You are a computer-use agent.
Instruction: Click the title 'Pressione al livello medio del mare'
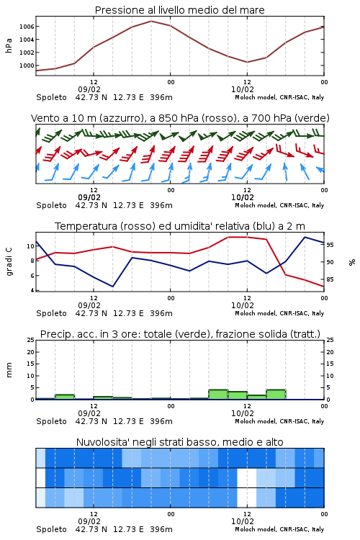pos(179,10)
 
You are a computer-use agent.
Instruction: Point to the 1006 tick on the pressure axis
pos(27,27)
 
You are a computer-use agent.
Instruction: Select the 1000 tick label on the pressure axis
pos(27,66)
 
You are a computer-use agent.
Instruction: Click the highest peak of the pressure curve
pos(151,21)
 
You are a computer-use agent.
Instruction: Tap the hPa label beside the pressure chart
pos(9,45)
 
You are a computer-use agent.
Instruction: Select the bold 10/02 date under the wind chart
pos(243,197)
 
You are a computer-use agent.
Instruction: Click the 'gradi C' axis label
pos(9,261)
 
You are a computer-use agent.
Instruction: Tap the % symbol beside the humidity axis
pos(352,262)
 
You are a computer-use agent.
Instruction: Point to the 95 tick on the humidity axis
pos(330,245)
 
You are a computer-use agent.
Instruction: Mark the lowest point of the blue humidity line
pos(112,287)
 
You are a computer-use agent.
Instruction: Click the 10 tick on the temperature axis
pos(30,246)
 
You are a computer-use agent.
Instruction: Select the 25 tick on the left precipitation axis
pos(30,340)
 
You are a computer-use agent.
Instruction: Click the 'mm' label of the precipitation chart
pos(9,370)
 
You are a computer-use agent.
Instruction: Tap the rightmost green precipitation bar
pos(276,395)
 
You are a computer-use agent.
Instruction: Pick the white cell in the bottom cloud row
pos(247,498)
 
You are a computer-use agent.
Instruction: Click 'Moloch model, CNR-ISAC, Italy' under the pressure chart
pos(279,97)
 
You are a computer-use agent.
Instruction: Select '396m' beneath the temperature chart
pos(161,313)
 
